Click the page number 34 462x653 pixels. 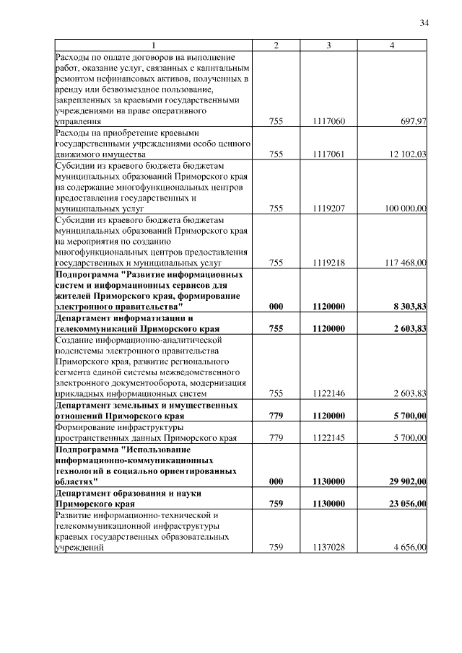point(424,24)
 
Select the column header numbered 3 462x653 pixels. point(328,45)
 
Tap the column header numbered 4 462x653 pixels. point(391,45)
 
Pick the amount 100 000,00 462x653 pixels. point(405,208)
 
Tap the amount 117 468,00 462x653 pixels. point(405,263)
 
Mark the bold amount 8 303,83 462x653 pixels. point(409,306)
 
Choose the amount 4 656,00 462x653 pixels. point(410,547)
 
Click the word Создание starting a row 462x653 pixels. point(75,339)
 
